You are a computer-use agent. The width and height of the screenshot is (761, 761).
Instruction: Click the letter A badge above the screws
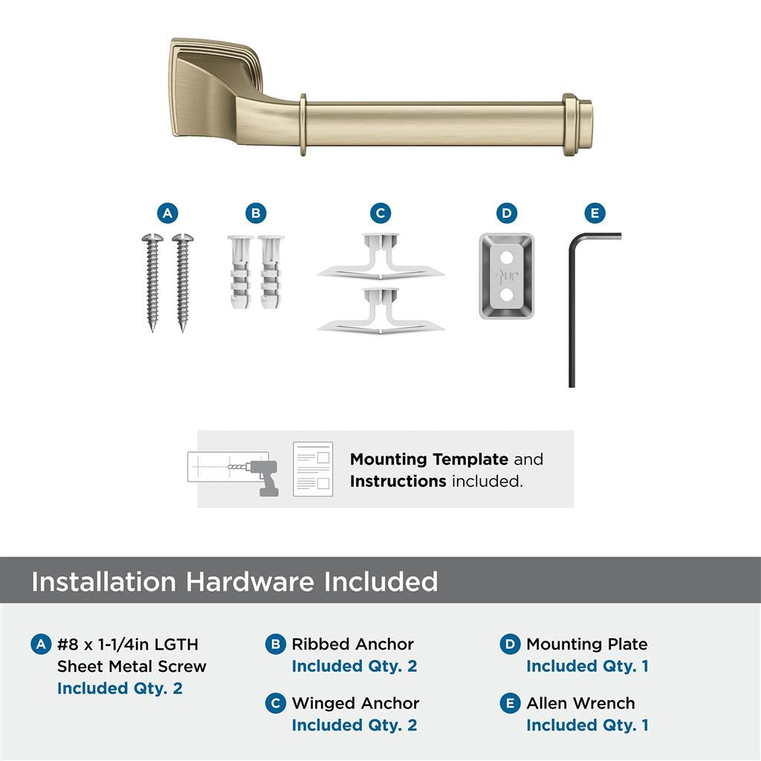click(167, 214)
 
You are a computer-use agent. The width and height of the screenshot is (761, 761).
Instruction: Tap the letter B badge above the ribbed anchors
click(255, 214)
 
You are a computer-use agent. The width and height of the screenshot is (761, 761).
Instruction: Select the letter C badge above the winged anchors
click(380, 214)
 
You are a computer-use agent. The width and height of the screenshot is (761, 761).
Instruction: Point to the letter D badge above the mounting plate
click(506, 214)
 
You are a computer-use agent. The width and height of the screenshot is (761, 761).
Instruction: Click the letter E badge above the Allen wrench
click(594, 214)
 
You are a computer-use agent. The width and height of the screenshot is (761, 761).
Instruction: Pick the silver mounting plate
click(506, 276)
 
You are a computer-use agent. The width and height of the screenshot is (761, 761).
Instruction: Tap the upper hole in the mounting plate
click(506, 257)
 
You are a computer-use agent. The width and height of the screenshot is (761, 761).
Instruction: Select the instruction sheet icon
click(312, 469)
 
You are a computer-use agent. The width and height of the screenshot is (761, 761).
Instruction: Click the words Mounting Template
click(429, 459)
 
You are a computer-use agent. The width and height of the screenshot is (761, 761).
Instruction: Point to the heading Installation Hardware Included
click(234, 581)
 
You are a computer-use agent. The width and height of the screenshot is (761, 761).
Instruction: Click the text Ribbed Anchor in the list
click(352, 644)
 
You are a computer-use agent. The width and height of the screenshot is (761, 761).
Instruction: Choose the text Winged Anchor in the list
click(355, 703)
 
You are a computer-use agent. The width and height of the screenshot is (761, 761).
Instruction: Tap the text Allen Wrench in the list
click(580, 703)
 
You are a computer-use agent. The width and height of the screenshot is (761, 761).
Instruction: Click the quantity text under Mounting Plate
click(587, 666)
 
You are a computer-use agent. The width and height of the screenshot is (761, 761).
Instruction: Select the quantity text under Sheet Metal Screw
click(120, 688)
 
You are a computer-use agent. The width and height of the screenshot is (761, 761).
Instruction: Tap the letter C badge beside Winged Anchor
click(275, 704)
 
